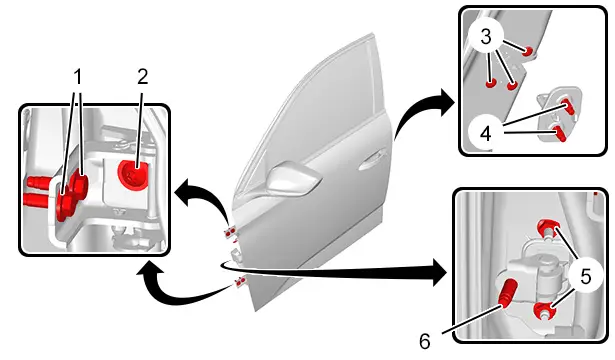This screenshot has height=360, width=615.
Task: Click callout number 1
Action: pos(78,76)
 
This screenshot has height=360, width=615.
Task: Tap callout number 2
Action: pos(143,76)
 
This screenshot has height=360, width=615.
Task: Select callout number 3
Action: pos(486,37)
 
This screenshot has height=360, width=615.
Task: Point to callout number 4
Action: pos(486,134)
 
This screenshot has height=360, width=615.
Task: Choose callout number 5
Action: pos(585,276)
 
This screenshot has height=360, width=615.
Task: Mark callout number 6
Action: pos(424,341)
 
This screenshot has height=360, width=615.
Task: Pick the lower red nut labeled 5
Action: pos(545,310)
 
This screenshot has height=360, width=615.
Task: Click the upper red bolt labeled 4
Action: pos(569,106)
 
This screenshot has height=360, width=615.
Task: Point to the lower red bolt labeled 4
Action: pos(559,134)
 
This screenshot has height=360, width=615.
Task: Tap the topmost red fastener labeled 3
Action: pos(529,51)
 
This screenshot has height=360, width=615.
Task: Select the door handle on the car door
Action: pos(371,160)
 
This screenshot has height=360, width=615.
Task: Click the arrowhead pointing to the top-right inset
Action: pos(447,102)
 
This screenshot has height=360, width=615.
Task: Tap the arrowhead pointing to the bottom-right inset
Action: pos(439,271)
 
